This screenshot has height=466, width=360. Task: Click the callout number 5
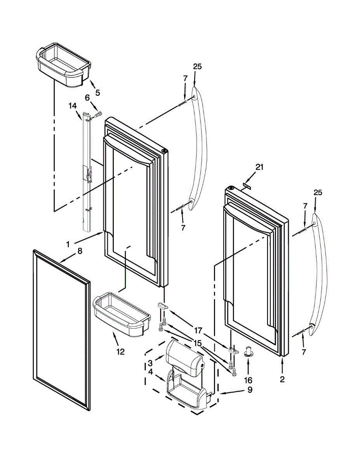[97, 92]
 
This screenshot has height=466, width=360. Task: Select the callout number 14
[73, 105]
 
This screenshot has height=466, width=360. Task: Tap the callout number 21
[259, 167]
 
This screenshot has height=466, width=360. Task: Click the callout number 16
[248, 380]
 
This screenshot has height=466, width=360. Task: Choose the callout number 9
[249, 389]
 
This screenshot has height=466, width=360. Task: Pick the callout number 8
[80, 251]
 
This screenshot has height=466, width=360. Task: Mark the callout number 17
[198, 330]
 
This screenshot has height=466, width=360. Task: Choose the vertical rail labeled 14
[87, 171]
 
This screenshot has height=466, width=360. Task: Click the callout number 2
[282, 379]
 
